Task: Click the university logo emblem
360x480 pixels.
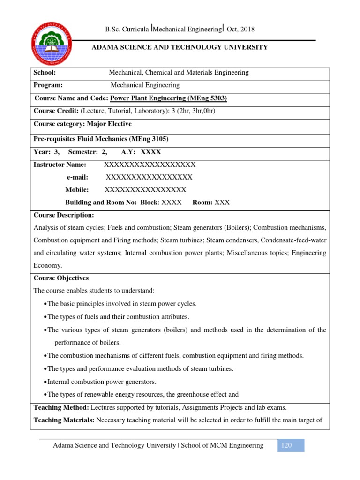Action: point(52,45)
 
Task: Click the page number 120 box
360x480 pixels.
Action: point(287,445)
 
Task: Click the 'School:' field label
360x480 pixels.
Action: point(45,73)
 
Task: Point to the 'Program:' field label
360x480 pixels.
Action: point(48,85)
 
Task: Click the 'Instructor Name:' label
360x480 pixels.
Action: point(60,165)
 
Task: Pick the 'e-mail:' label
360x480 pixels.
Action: point(77,177)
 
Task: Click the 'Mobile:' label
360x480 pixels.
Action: point(76,190)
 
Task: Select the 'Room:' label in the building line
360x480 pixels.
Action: point(202,202)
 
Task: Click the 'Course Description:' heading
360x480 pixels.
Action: point(64,215)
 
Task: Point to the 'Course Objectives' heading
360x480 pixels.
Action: point(61,278)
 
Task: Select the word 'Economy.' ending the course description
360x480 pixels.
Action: point(47,265)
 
